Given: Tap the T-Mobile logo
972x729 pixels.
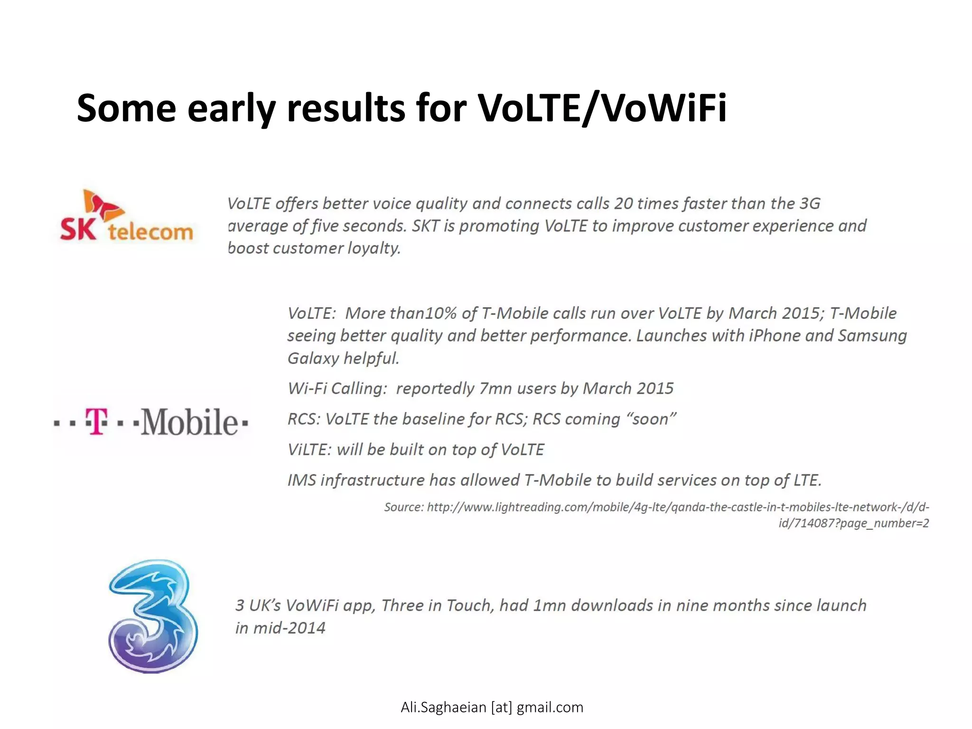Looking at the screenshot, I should point(151,421).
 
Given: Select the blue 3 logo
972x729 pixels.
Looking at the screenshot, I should point(153,616).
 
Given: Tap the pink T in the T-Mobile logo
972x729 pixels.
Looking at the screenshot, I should point(97,421).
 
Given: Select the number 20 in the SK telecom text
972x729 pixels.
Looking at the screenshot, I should point(623,204).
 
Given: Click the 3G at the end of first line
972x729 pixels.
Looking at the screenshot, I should point(810,204).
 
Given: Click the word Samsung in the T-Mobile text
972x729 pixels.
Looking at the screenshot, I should point(872,336).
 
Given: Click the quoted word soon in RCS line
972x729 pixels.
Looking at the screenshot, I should point(652,419).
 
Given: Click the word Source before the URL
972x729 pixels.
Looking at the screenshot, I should point(403,507).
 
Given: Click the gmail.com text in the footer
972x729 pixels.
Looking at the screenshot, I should point(550,707).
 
